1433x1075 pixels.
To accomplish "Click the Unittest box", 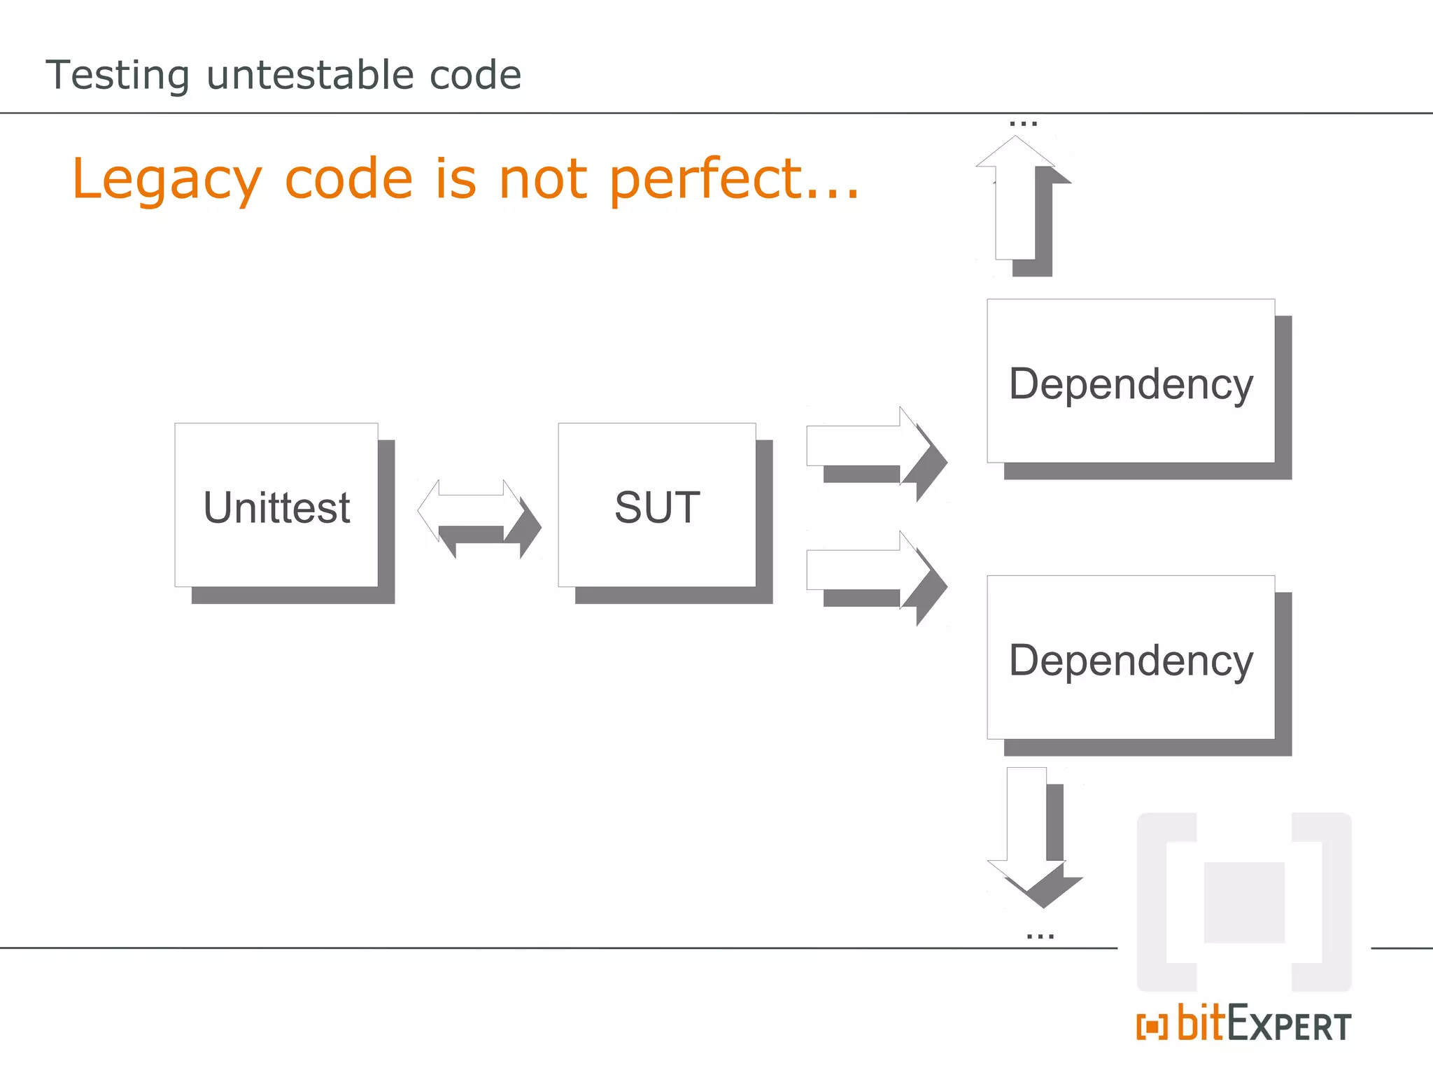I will point(276,505).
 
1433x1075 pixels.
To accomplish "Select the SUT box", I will point(657,505).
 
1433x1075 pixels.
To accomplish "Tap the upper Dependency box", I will point(1131,381).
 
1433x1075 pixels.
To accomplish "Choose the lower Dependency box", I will point(1131,658).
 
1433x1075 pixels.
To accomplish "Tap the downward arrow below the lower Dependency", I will point(1027,833).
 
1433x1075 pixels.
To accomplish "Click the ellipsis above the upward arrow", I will point(1023,124).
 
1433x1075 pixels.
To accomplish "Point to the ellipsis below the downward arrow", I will point(1040,936).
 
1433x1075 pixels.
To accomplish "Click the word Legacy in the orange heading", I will point(167,180).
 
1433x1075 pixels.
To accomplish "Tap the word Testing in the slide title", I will point(118,76).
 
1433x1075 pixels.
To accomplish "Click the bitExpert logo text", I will point(1264,1025).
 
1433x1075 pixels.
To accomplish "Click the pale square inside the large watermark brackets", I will point(1244,902).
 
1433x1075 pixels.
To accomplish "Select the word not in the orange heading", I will point(542,178).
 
